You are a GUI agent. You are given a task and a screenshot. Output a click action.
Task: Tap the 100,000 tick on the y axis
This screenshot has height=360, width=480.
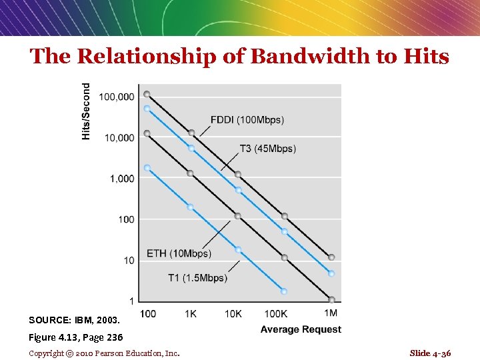(x=116, y=97)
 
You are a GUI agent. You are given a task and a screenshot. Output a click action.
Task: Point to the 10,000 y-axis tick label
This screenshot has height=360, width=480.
(x=119, y=138)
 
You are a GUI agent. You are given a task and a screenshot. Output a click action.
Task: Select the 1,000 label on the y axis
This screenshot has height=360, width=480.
(x=121, y=179)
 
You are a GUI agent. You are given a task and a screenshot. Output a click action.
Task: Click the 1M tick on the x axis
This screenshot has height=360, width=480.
(x=330, y=313)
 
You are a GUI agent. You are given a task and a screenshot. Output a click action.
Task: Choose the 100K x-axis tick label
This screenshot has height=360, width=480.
(x=275, y=313)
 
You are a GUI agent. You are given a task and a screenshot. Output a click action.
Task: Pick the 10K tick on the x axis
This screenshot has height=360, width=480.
(x=233, y=313)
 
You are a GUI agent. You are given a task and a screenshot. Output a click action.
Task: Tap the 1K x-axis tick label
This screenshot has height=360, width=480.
(x=191, y=313)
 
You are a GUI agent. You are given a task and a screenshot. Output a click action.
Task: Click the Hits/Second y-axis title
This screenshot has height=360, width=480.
(x=86, y=111)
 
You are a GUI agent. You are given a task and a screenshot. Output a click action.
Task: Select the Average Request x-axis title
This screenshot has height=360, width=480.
(x=301, y=329)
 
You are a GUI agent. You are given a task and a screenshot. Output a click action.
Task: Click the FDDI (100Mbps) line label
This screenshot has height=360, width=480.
(x=247, y=120)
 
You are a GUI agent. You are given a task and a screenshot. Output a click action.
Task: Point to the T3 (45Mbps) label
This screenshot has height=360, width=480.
(x=268, y=149)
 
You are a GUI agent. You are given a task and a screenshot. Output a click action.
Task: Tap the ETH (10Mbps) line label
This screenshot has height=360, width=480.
(x=179, y=253)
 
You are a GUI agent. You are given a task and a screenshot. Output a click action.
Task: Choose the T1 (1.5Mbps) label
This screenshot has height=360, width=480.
(x=197, y=278)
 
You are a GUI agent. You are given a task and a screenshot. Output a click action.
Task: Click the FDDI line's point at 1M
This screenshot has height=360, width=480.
(x=331, y=257)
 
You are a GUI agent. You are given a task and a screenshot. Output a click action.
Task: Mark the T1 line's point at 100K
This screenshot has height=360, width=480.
(x=284, y=291)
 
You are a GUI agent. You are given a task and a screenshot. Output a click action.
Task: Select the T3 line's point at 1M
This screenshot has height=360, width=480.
(x=331, y=273)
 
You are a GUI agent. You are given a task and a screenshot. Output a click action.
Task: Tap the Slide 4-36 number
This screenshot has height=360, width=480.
(x=430, y=353)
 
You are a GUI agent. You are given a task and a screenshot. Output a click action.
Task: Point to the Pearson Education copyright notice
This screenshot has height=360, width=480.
(x=104, y=353)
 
